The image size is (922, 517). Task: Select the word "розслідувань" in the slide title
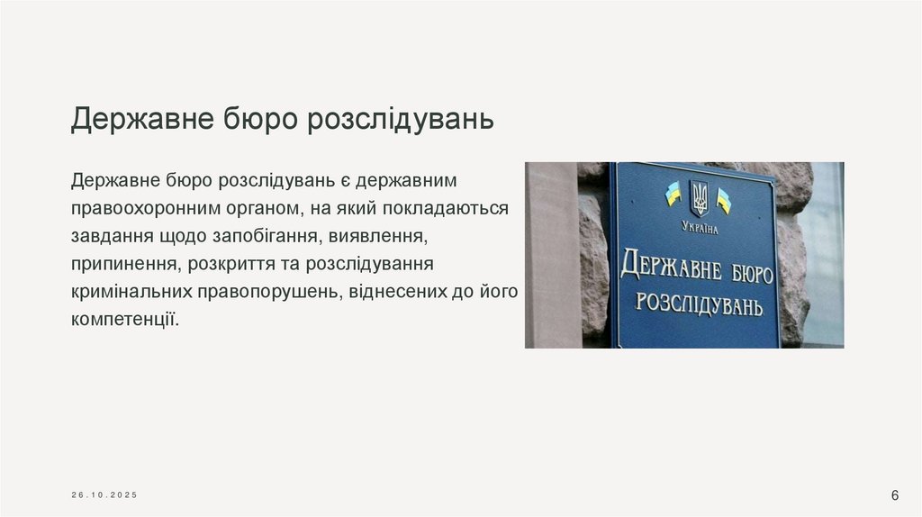[401, 119]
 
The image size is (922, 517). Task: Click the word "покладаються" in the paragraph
[445, 209]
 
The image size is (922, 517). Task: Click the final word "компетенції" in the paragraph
[125, 320]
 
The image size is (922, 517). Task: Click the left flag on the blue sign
[672, 193]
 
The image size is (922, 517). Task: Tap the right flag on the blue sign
[724, 200]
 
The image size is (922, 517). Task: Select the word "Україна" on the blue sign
[700, 228]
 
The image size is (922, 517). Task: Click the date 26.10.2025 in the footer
[106, 495]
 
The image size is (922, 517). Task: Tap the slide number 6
[895, 494]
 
